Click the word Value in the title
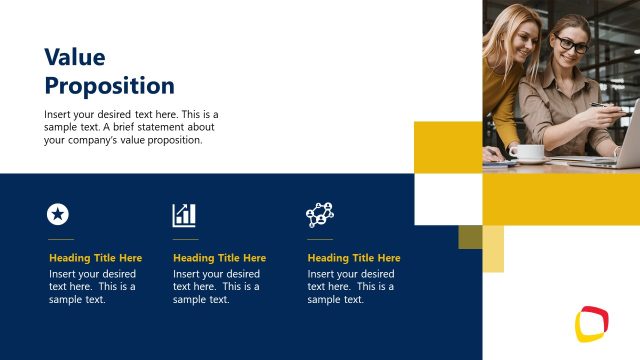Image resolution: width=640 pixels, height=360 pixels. [x=74, y=57]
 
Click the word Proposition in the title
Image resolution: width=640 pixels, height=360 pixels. [x=109, y=85]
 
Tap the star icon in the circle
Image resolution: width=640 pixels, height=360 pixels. [x=58, y=213]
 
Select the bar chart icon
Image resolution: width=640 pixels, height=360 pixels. [x=184, y=214]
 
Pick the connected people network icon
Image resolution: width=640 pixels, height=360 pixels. [x=320, y=214]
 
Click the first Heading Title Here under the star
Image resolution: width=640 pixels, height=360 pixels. [x=95, y=258]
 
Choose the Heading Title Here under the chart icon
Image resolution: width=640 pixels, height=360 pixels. [x=219, y=258]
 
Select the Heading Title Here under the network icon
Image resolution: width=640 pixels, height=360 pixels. [x=353, y=258]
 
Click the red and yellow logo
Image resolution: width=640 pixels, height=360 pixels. [x=591, y=323]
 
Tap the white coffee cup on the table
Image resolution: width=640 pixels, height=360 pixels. [x=530, y=153]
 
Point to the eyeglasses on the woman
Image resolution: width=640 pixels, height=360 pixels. [x=572, y=44]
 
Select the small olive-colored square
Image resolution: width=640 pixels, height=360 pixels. [x=470, y=236]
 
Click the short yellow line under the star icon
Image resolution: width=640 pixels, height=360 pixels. [x=61, y=240]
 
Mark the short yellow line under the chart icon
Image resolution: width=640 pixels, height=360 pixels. [x=185, y=240]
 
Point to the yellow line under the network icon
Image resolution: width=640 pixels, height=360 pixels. [x=320, y=240]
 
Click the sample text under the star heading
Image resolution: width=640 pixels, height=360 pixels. [x=92, y=286]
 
